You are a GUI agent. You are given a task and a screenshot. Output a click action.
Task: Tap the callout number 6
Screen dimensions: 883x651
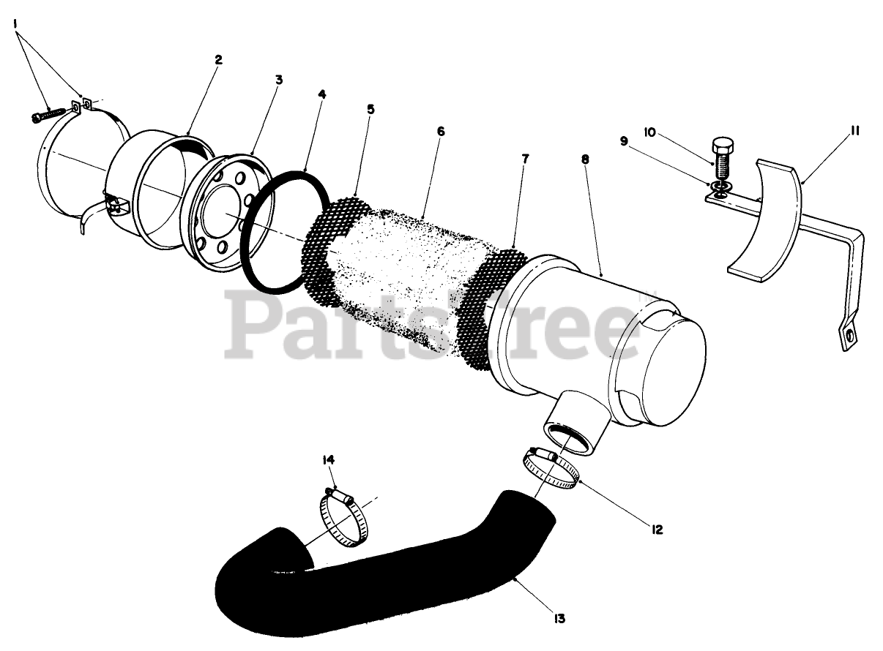coord(440,131)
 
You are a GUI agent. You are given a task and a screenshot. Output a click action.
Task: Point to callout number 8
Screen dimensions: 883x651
coord(584,158)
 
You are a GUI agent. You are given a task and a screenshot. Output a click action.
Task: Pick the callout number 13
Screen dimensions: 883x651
coord(559,619)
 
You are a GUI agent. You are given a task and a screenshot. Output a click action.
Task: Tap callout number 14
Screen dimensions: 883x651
coord(328,459)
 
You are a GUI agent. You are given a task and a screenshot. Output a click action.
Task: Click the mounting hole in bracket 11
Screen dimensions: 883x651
coord(849,336)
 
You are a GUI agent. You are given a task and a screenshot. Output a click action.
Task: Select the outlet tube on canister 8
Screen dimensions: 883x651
coord(575,424)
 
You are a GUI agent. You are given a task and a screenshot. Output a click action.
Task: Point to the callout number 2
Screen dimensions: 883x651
coord(218,60)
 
